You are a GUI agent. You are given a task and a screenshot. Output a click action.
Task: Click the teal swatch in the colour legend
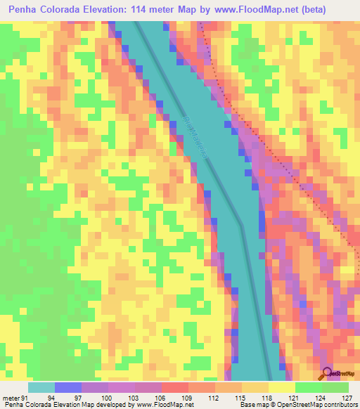point(41,387)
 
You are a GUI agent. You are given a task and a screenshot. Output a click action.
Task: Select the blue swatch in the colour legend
point(67,387)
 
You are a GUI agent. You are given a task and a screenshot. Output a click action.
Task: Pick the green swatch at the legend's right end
point(335,387)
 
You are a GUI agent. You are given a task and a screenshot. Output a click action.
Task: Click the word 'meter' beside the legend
point(10,397)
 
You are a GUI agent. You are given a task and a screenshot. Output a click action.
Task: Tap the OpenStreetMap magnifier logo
point(327,374)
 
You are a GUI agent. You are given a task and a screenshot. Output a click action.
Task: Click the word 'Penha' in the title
point(26,10)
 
